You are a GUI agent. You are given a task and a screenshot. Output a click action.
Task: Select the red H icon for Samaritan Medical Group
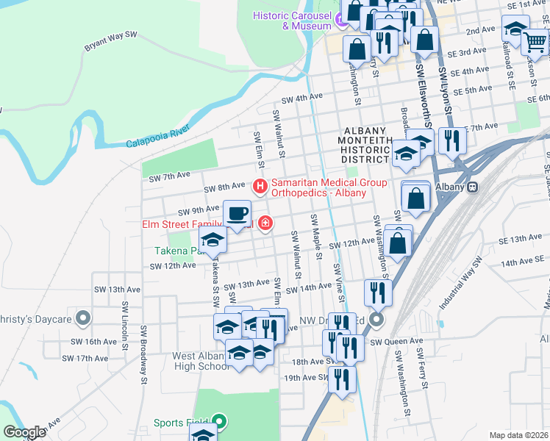point(260,187)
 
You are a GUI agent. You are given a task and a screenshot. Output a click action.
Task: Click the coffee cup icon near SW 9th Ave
point(236,214)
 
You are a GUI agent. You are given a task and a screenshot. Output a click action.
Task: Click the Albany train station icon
point(474,187)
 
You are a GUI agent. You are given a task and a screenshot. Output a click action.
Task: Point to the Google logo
point(24,432)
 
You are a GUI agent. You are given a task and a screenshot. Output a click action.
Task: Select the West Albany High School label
point(200,361)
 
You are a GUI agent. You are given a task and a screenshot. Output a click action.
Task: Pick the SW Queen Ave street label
point(396,342)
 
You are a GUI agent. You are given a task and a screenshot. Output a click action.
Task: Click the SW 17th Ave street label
point(85,358)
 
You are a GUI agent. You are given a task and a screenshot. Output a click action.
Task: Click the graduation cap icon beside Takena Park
point(213,239)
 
